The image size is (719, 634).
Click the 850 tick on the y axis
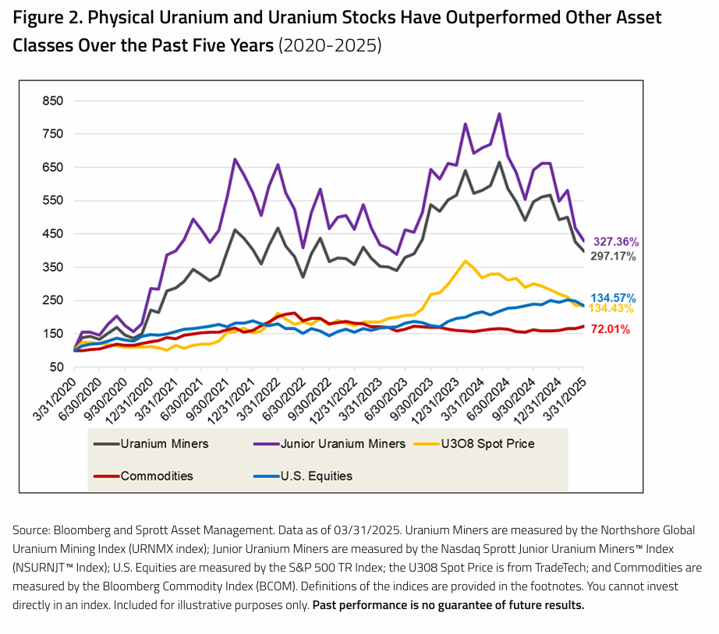52,101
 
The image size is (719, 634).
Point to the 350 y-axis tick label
52,267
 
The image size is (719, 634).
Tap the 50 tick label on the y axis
56,367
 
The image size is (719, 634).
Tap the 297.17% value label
615,256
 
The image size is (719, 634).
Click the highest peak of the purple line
499,114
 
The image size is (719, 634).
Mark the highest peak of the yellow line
466,260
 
